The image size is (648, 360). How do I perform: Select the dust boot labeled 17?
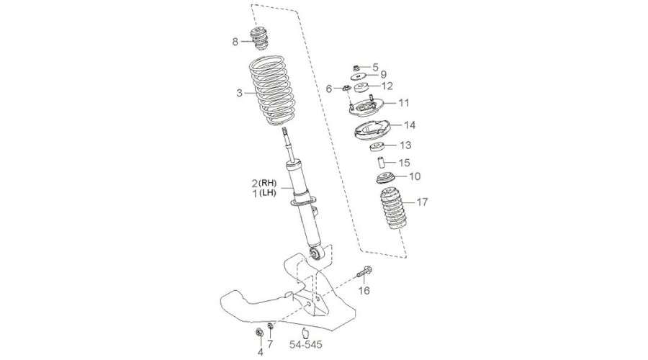click(392, 210)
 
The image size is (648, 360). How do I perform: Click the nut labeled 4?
click(259, 332)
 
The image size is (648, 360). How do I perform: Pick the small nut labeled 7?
click(270, 327)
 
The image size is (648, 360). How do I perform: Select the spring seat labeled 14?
click(372, 130)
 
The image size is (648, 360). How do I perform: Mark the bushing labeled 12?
click(361, 88)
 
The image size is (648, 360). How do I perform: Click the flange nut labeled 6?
click(346, 88)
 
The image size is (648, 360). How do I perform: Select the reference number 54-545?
click(305, 344)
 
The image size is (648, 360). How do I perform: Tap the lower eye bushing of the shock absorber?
click(317, 253)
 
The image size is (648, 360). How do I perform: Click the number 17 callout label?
click(422, 202)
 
